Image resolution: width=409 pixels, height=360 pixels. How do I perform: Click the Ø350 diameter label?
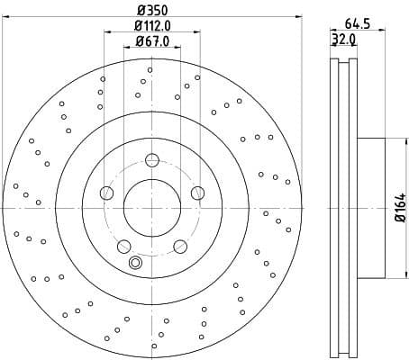pos(151,12)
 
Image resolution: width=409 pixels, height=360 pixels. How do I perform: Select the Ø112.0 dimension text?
pos(151,26)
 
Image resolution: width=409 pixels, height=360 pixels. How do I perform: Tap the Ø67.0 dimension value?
pos(151,41)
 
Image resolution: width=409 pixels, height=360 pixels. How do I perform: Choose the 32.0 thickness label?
pos(343,40)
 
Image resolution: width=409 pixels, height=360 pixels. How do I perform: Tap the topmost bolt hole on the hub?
pos(151,160)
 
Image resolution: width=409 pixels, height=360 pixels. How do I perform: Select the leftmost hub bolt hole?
pos(107,192)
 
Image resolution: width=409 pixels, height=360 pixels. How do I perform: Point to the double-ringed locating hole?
pos(136,263)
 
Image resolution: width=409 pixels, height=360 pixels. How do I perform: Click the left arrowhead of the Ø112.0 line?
pos(107,33)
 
